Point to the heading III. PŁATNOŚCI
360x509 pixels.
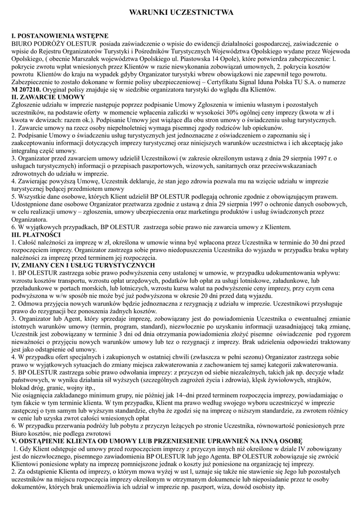pos(36,234)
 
